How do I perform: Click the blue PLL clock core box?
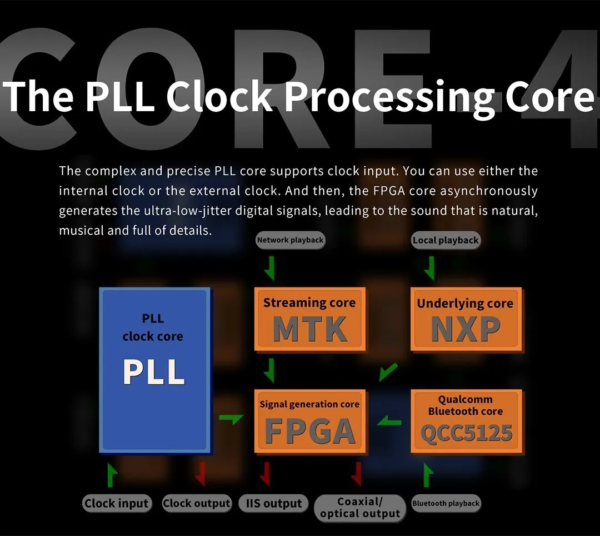[154, 370]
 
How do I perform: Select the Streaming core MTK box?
[310, 319]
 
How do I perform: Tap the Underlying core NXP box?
[466, 319]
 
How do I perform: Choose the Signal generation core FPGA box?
[310, 421]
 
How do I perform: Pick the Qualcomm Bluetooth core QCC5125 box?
[466, 421]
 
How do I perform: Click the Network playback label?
[291, 240]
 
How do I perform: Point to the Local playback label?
[446, 240]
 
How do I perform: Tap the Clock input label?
[117, 503]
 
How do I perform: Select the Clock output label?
[197, 503]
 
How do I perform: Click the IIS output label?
[273, 503]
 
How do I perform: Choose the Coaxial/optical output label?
[359, 508]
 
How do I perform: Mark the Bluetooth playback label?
[446, 503]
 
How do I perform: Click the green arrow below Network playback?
[271, 268]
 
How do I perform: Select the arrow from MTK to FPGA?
[271, 370]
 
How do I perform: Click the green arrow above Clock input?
[111, 475]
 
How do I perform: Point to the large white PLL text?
[154, 372]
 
